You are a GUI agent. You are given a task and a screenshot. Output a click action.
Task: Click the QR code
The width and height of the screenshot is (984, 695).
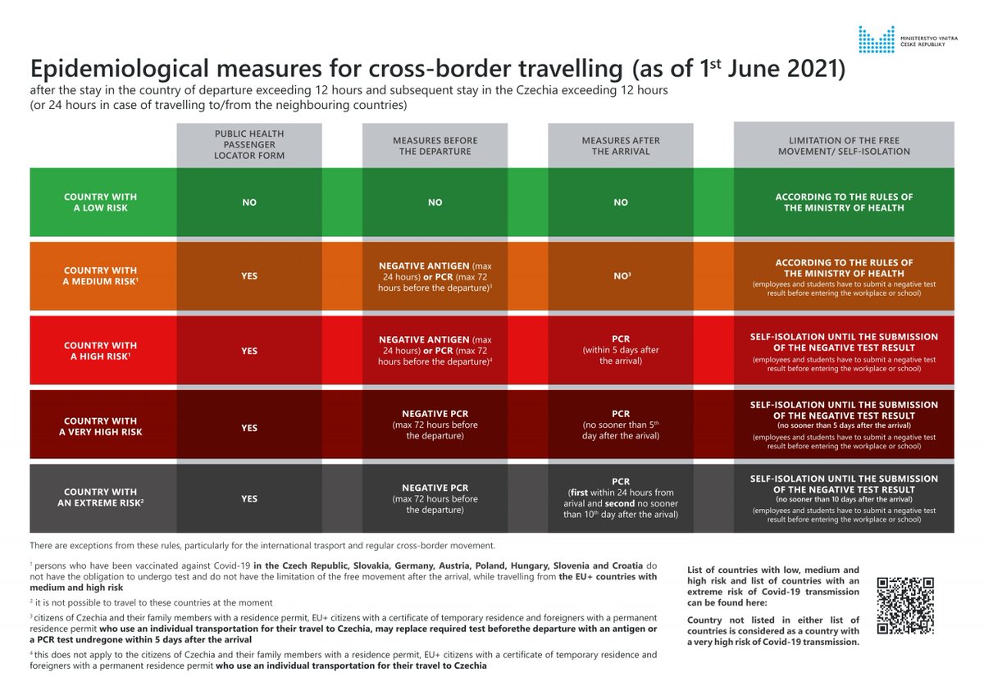coord(905,606)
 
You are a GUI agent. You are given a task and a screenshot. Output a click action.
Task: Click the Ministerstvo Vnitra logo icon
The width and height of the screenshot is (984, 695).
coord(877,39)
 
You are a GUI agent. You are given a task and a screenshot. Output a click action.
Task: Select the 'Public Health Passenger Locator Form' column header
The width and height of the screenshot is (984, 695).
coord(249,146)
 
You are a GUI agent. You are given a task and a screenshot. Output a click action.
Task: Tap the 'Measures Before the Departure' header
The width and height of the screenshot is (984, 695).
coord(435,146)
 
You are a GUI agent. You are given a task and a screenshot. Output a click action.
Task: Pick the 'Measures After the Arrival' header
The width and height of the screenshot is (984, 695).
coord(621,146)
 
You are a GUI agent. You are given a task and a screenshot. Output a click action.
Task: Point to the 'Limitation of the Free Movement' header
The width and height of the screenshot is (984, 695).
coord(844,146)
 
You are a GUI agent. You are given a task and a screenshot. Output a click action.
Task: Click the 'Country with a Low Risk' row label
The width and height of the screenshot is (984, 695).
coord(101,202)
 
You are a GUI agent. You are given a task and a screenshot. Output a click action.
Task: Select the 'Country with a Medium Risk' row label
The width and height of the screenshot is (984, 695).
coord(101,276)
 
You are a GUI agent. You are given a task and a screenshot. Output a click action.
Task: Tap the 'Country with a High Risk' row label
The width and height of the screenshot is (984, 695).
coord(101,351)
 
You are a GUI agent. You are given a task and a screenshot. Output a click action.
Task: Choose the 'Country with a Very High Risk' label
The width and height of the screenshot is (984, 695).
coord(101,427)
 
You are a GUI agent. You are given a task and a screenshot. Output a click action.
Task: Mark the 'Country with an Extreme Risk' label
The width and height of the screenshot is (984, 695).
coord(101,497)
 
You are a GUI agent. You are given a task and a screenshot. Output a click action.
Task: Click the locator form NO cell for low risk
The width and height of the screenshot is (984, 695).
coord(249,202)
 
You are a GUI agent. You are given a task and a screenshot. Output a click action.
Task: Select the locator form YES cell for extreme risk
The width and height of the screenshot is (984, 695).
coord(249,498)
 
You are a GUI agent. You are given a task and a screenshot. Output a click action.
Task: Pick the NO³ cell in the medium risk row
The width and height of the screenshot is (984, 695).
coord(621,276)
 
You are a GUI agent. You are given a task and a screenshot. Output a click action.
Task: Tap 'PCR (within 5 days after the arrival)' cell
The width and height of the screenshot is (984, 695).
coord(621,351)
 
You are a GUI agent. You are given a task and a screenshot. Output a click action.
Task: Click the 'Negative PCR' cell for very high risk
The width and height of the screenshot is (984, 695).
coord(435,425)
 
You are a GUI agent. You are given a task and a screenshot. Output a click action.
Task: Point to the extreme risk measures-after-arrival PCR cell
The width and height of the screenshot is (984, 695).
coord(621,498)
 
